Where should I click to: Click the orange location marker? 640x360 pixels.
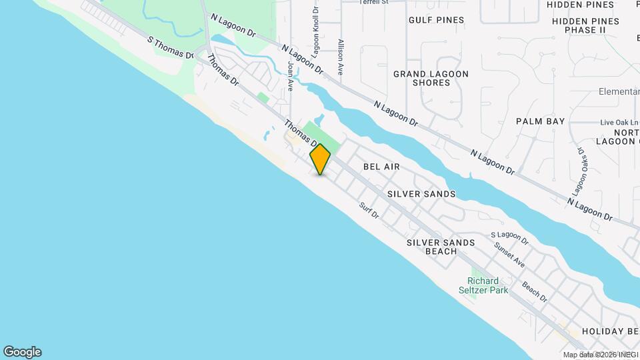point(320,159)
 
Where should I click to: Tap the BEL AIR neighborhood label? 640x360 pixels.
point(381,166)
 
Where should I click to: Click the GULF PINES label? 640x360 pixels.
point(436,20)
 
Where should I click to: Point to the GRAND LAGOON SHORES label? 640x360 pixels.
point(431,78)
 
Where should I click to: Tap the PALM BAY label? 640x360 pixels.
point(541,121)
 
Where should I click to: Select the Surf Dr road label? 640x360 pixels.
point(369,211)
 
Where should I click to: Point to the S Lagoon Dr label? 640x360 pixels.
point(509,237)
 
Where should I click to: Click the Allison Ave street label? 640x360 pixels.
point(341,56)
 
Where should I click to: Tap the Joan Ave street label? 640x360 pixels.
point(291,75)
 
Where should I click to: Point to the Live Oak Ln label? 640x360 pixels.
point(619,123)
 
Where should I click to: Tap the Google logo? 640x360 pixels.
point(22,352)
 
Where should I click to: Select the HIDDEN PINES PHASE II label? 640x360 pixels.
point(585,25)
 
